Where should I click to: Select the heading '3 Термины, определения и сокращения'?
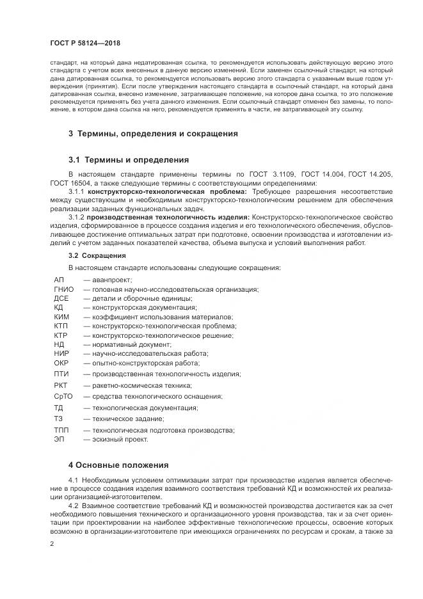(x=153, y=134)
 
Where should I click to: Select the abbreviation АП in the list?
(x=60, y=280)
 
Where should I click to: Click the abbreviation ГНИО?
(x=64, y=289)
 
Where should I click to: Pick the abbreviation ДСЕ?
(x=61, y=298)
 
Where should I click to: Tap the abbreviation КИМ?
(x=61, y=317)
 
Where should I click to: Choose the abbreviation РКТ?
(x=61, y=385)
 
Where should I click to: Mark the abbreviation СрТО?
(x=63, y=396)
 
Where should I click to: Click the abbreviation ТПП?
(x=62, y=430)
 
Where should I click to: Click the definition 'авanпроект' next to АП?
(x=112, y=280)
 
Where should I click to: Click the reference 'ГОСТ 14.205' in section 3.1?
(x=372, y=173)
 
